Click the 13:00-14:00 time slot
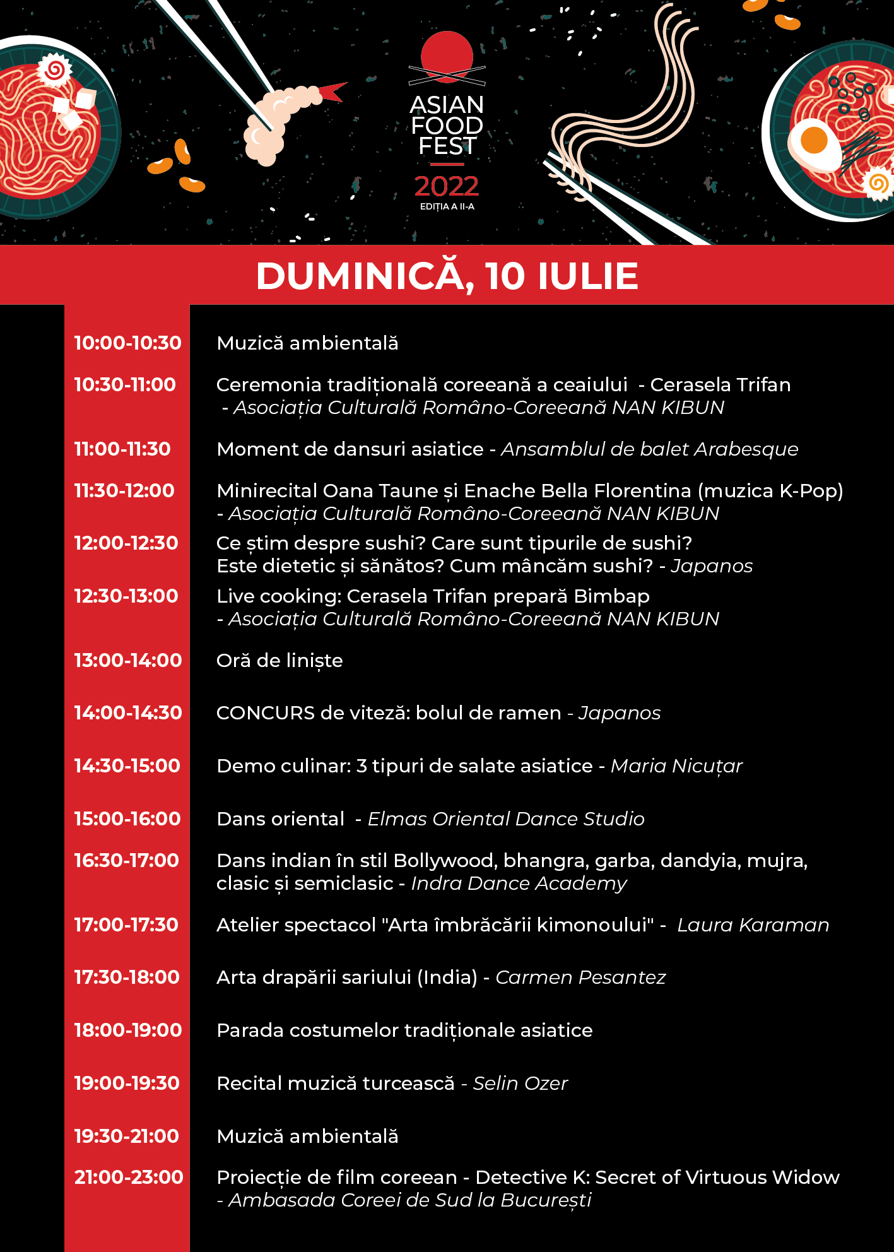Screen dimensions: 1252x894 tap(128, 661)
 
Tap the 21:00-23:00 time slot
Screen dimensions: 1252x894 tap(129, 1178)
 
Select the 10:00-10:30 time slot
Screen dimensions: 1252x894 tap(128, 343)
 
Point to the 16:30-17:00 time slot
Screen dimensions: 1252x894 tap(127, 861)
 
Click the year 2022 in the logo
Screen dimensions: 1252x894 tap(447, 186)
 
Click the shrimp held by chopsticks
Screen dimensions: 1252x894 tap(278, 120)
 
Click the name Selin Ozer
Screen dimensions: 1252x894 tap(521, 1084)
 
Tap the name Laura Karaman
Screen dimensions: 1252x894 tap(753, 925)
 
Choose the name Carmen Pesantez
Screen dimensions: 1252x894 tap(580, 977)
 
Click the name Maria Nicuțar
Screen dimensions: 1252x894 tap(676, 766)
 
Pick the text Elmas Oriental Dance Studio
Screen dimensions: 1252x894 tap(506, 819)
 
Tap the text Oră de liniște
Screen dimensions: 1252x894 tap(279, 661)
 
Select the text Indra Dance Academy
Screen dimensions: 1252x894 tap(519, 883)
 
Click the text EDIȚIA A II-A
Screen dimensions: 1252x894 tap(447, 206)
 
